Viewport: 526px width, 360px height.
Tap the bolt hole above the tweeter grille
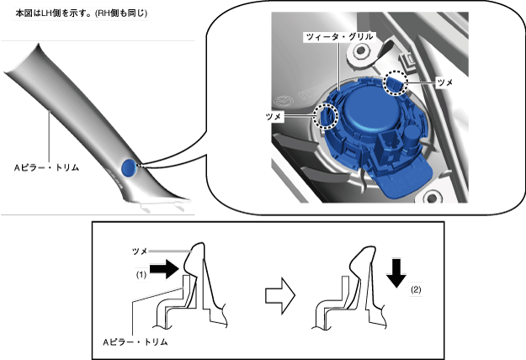(364, 52)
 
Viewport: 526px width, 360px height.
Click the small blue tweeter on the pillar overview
(128, 167)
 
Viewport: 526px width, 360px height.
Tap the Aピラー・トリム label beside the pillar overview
(51, 167)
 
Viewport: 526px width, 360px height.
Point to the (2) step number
(417, 290)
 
